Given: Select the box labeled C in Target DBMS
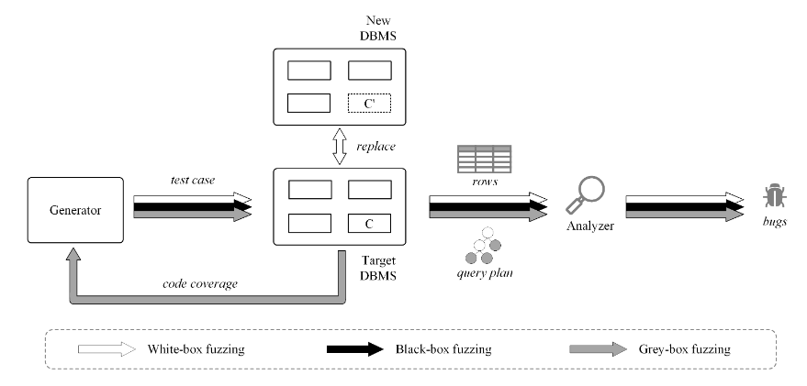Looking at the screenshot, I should (368, 224).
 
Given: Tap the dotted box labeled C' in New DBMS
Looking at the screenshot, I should (368, 103).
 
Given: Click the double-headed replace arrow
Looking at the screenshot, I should (337, 147).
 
